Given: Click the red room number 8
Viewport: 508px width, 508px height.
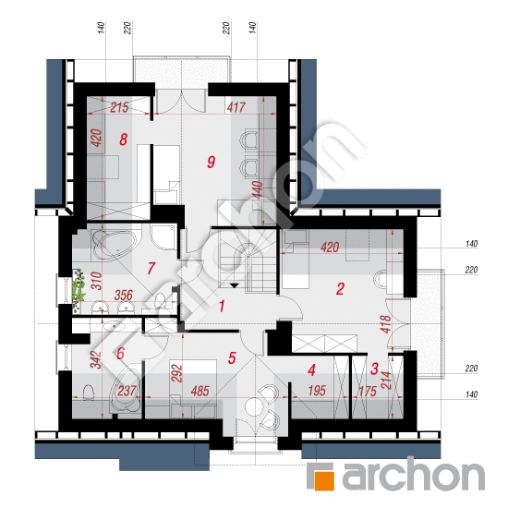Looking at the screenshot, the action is coord(123,140).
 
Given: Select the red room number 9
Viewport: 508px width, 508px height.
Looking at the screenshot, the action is coord(212,162).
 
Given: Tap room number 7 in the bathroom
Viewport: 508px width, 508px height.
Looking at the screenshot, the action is coord(151,268).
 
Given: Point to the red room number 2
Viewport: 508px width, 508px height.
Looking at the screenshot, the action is coord(340,289).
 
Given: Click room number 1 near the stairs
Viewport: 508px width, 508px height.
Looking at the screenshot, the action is coord(222,306).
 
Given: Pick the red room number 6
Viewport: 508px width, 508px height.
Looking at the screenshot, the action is coord(120,353).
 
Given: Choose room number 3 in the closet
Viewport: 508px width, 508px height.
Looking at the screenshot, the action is coord(374,369).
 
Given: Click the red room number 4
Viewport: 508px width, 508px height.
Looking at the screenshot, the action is coord(311,370).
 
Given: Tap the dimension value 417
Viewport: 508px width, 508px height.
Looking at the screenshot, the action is coord(236,107).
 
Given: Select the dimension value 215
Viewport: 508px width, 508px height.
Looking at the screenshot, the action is coord(119,107).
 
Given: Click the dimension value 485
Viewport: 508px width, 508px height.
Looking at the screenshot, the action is coord(200,391).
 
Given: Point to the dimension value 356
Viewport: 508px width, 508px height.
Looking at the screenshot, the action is coord(124,296).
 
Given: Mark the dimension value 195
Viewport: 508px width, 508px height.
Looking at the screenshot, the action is coord(317,391).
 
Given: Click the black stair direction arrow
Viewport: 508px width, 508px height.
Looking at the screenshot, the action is coord(235,285).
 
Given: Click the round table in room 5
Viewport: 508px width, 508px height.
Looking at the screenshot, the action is coord(254,406).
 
